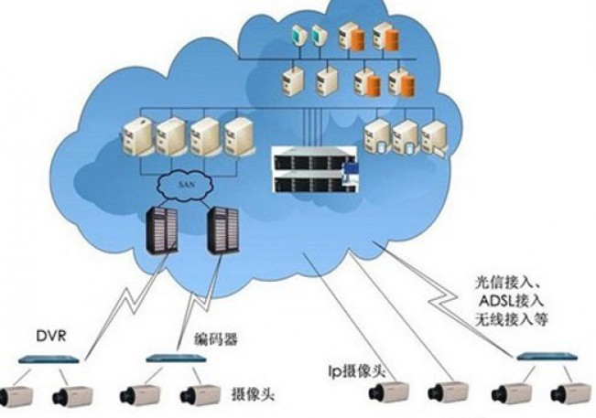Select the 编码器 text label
pyautogui.click(x=216, y=339)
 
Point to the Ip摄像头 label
pyautogui.click(x=358, y=371)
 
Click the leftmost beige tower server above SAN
pyautogui.click(x=135, y=137)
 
